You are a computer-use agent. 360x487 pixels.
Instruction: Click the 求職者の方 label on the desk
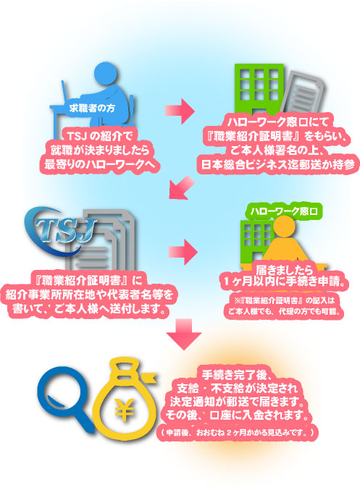[92, 108]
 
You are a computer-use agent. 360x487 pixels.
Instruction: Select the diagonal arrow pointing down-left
[181, 187]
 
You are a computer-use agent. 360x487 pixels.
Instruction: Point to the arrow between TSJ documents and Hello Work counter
[183, 252]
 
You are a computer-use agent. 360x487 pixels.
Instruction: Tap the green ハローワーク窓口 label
[284, 211]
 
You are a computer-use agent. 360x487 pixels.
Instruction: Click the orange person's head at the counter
[283, 226]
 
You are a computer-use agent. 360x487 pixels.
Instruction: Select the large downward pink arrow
[184, 334]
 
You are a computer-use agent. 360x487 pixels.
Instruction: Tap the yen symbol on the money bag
[125, 410]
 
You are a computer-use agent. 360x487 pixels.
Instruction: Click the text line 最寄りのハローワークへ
[99, 164]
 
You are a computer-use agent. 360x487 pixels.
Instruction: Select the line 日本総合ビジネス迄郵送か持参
[278, 164]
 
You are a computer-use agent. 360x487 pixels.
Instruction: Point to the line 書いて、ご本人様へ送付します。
[89, 309]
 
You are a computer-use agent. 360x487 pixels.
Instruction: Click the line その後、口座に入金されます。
[237, 415]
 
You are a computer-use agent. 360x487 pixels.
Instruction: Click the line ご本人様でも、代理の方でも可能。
[284, 311]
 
